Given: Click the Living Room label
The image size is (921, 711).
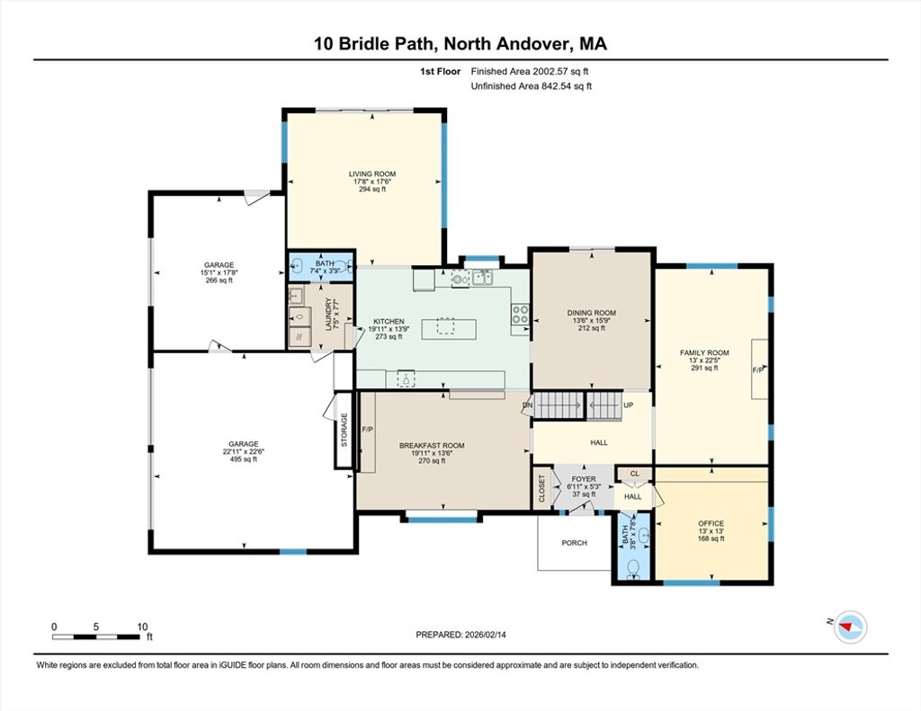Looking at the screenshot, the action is (372, 173).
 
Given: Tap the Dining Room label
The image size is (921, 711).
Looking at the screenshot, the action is (592, 313).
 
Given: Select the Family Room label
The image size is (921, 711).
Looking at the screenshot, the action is (704, 353).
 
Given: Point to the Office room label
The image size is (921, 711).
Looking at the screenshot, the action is (711, 523).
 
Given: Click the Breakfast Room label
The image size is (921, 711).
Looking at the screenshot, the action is (432, 446).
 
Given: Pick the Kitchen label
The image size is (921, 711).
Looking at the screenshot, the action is (389, 322).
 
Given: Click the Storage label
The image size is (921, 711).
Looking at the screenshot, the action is (344, 430).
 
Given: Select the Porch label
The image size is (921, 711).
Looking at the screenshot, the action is (575, 543).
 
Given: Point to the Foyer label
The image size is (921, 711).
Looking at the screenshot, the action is (584, 479).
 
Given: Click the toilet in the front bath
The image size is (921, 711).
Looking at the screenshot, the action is (633, 569).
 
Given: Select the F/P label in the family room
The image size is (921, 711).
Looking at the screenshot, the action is (758, 370).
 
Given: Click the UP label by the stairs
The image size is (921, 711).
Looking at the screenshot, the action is (629, 405).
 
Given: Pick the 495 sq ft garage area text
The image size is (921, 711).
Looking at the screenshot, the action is (244, 459).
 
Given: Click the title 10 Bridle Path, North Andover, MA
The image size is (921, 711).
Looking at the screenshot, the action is (460, 44).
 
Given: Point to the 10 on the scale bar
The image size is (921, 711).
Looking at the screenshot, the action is (142, 627).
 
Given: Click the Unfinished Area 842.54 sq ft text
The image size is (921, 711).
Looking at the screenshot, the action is (531, 86).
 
